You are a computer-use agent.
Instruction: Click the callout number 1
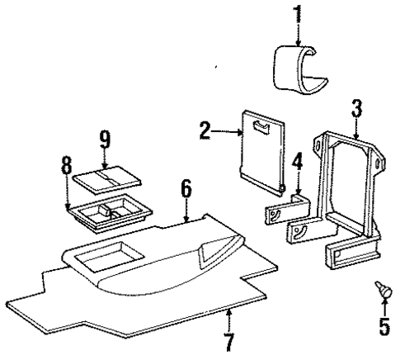pyautogui.click(x=295, y=14)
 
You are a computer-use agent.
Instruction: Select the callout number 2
pyautogui.click(x=204, y=129)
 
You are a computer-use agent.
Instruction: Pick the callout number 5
pyautogui.click(x=384, y=327)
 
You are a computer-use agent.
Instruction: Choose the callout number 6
pyautogui.click(x=187, y=191)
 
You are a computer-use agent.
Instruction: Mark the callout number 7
pyautogui.click(x=229, y=340)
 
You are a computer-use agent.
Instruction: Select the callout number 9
pyautogui.click(x=105, y=138)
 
